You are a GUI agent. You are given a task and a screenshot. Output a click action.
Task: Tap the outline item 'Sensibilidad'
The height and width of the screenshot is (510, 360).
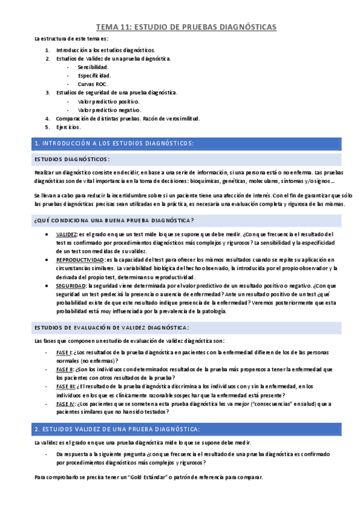93,67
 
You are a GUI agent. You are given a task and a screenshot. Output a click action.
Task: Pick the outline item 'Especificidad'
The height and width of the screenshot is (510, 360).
94,76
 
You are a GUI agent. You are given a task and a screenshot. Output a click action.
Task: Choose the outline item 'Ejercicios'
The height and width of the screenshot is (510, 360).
68,127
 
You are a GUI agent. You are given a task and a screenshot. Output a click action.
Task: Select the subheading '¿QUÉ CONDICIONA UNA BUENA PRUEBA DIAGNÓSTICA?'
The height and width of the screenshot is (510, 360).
114,220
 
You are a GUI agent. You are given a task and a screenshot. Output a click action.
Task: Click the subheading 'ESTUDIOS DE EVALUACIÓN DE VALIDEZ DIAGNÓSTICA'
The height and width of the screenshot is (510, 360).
112,327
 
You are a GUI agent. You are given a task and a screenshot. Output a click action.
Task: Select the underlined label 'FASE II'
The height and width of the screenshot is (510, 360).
64,369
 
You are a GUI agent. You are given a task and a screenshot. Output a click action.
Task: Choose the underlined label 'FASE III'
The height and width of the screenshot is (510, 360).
66,387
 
